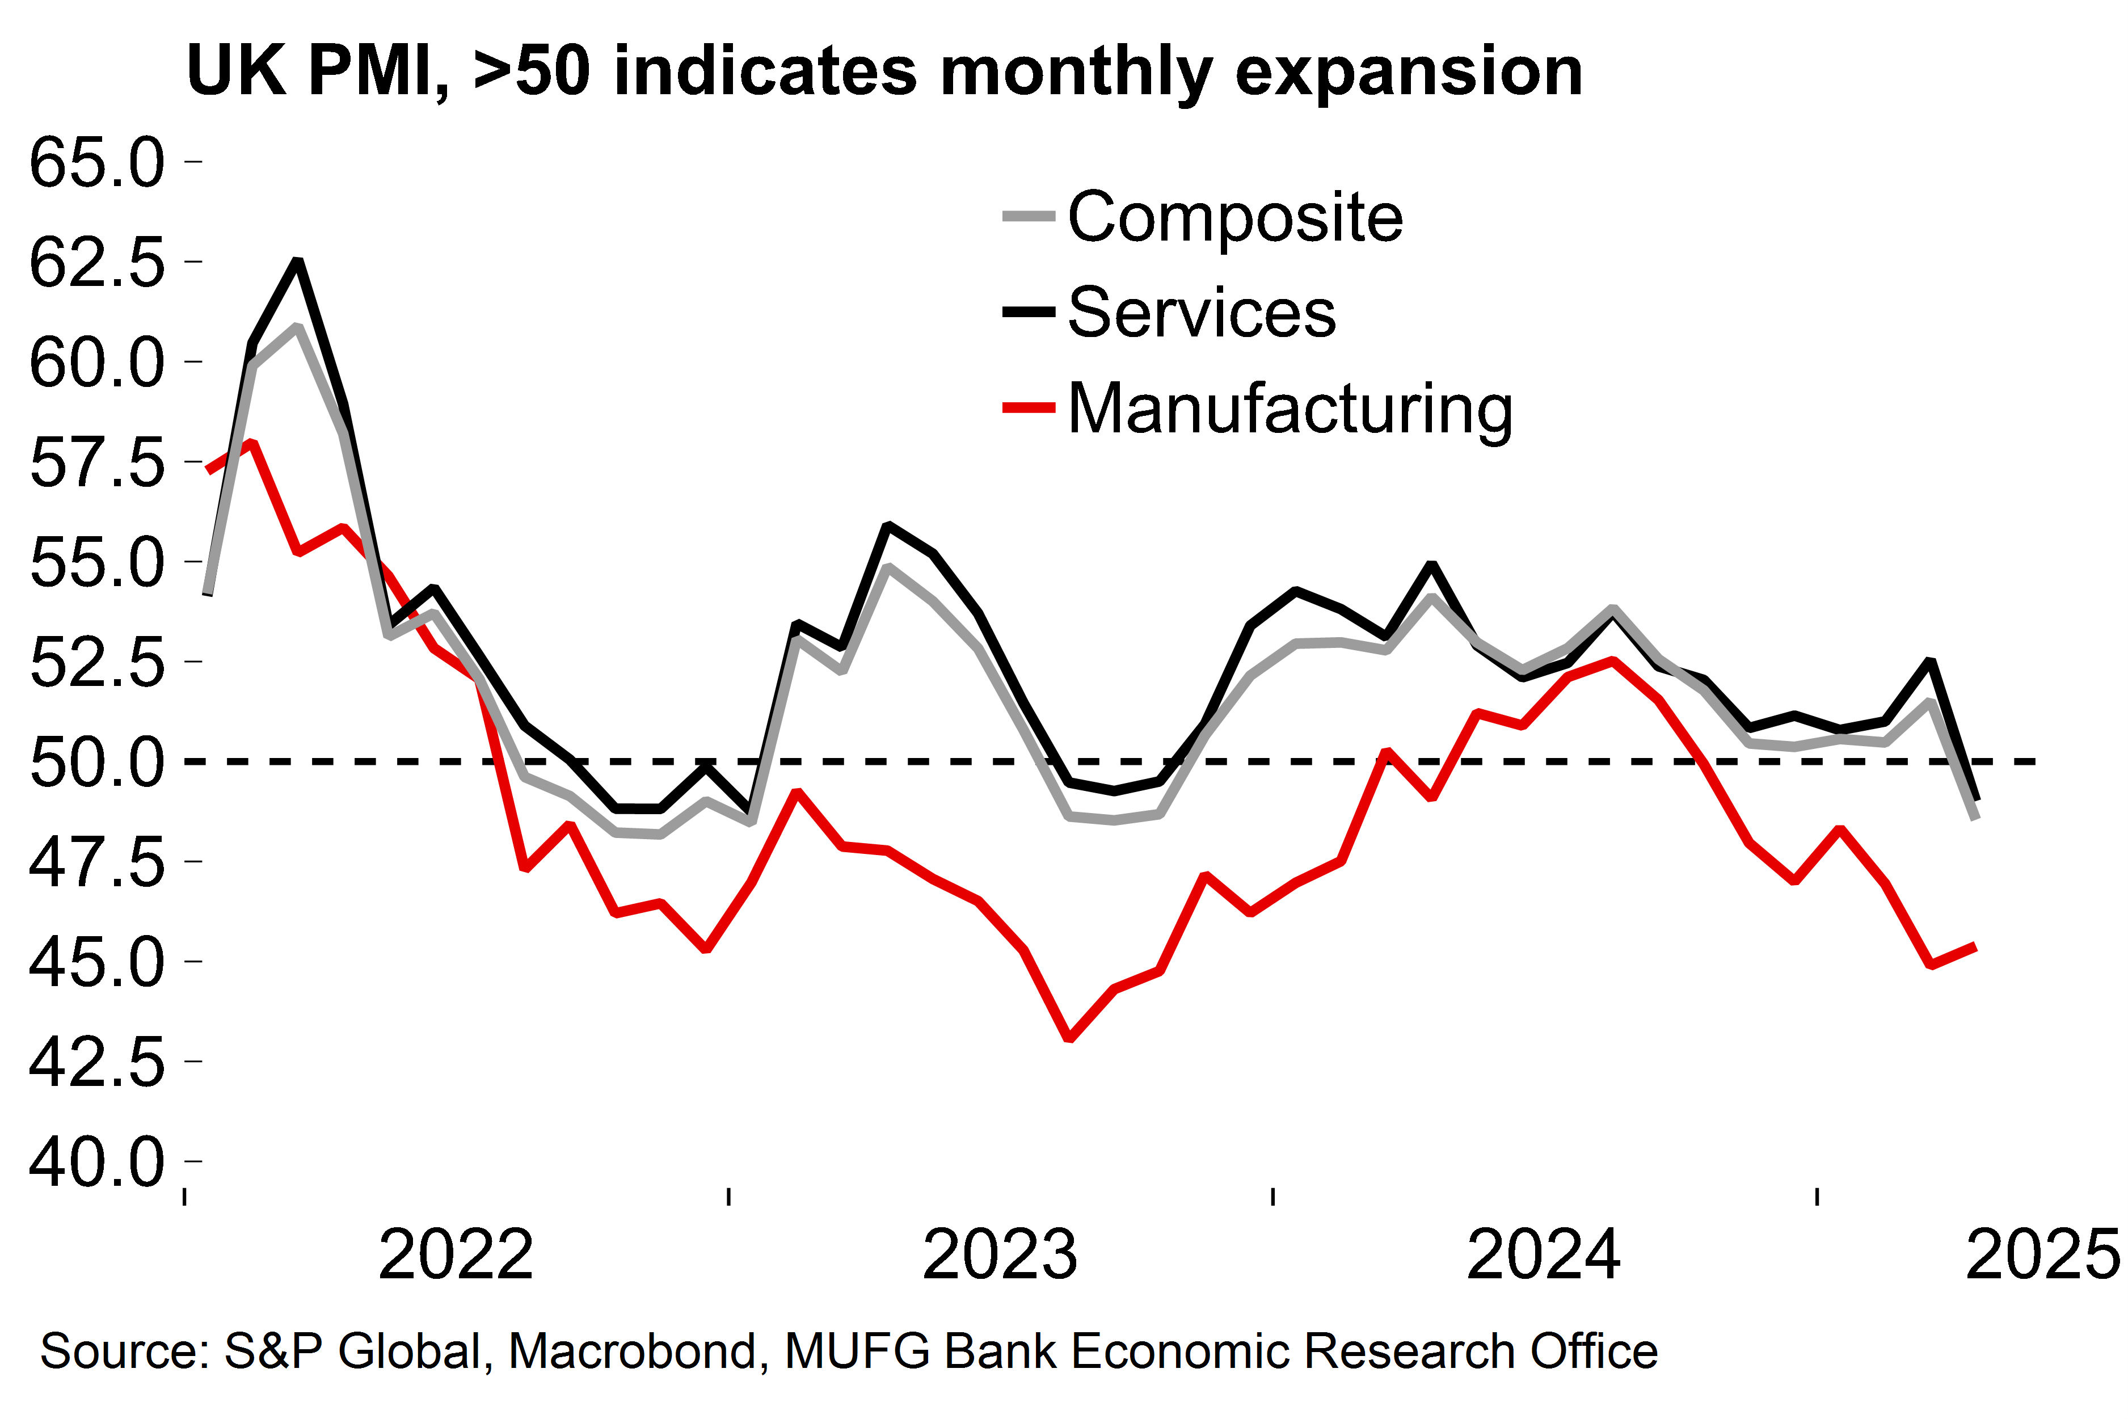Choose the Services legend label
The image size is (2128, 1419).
click(x=1202, y=312)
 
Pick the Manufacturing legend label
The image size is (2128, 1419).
click(x=1290, y=409)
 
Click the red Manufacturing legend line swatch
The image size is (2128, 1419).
click(x=1029, y=408)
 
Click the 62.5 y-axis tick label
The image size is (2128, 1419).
click(x=97, y=263)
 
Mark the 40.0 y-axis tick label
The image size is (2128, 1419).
click(x=97, y=1162)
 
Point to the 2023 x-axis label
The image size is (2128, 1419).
click(x=999, y=1254)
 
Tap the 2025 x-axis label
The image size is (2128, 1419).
click(x=2043, y=1254)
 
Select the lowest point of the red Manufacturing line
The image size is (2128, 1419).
click(x=1069, y=1038)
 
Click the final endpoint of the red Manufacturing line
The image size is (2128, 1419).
click(x=1975, y=946)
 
